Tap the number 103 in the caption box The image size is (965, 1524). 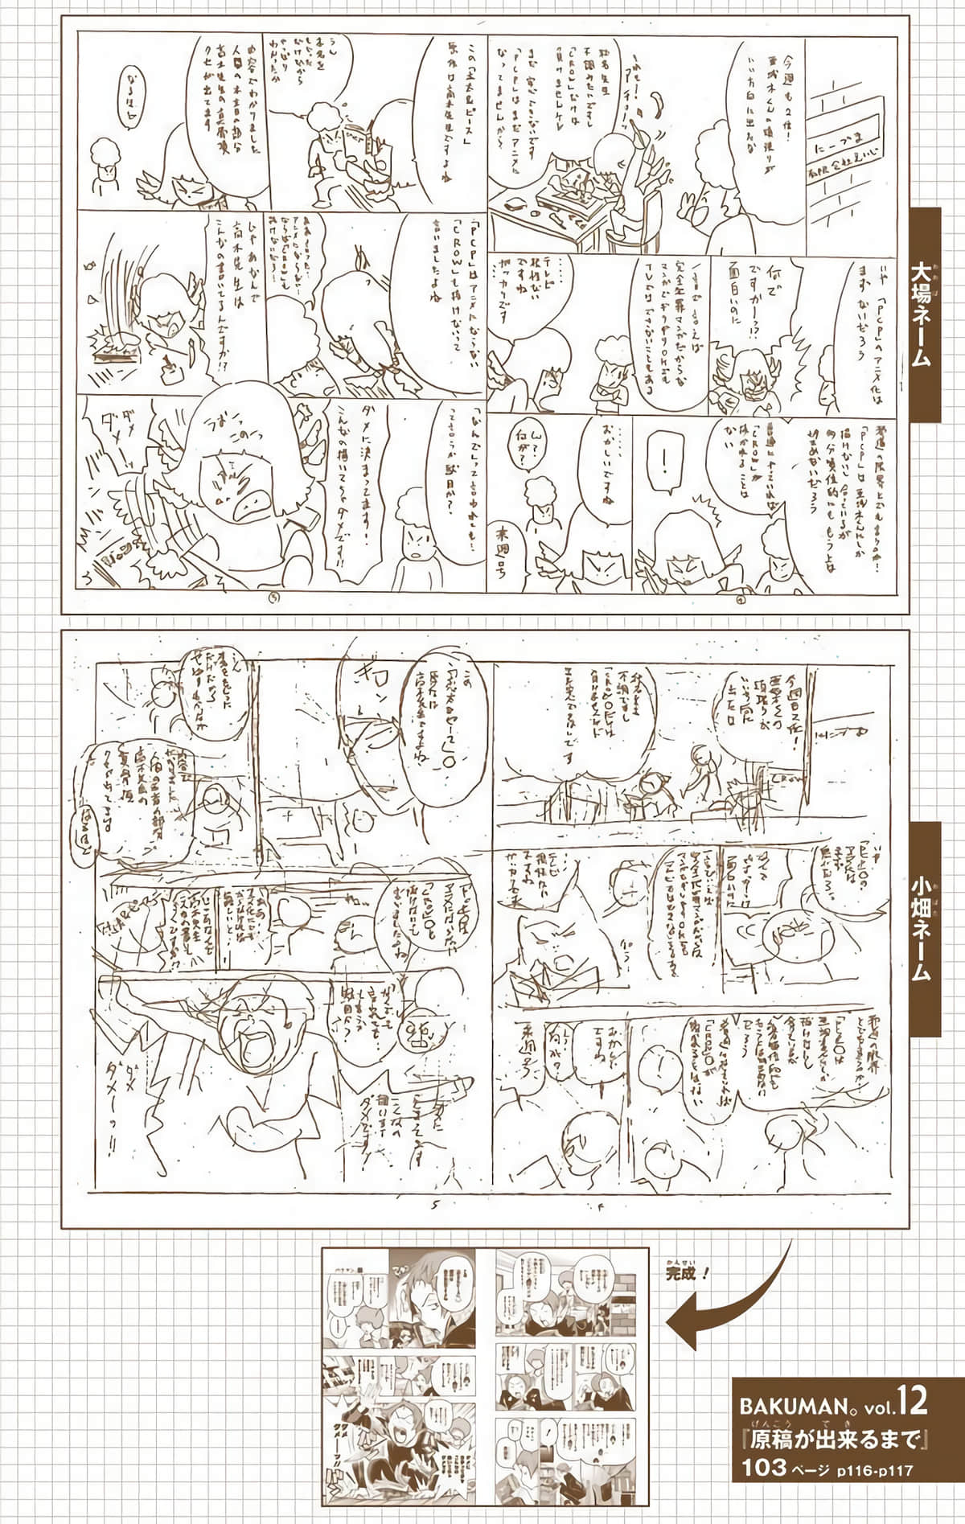click(764, 1468)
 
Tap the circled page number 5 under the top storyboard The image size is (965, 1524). click(276, 597)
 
